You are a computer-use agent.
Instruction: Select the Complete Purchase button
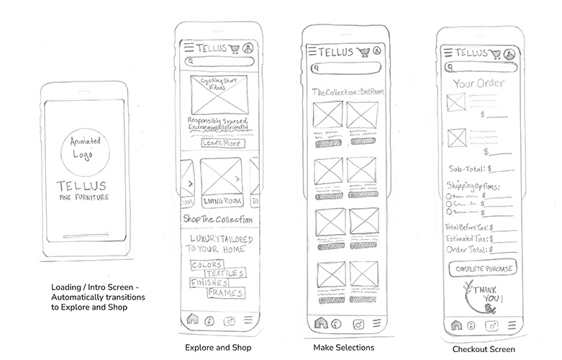482,269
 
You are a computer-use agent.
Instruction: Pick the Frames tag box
225,293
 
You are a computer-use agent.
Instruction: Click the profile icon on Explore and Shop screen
248,48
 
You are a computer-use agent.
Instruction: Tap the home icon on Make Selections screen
319,324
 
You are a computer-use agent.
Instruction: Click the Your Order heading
479,84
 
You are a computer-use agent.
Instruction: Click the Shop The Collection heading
217,219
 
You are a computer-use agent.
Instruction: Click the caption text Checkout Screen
483,349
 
